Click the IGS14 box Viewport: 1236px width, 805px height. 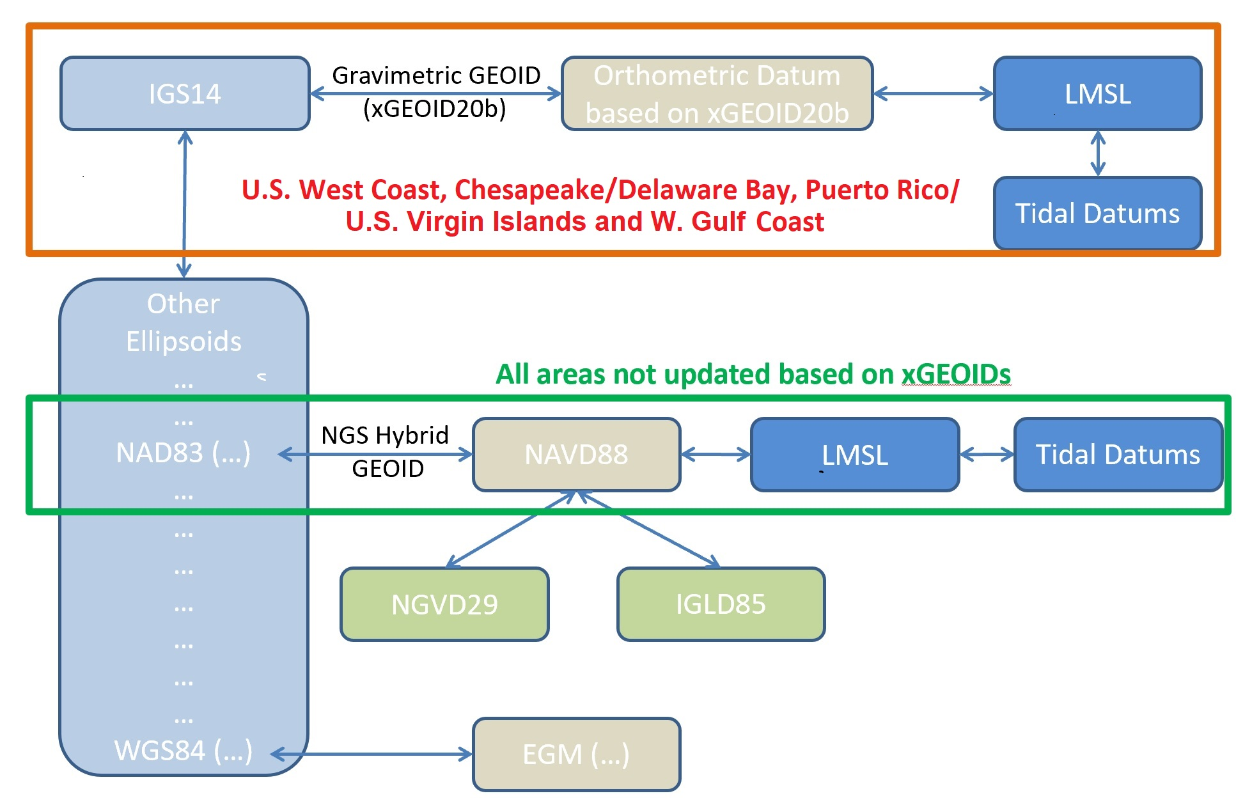[185, 93]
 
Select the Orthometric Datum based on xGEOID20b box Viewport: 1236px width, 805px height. [717, 93]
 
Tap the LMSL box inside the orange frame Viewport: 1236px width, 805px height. [1097, 93]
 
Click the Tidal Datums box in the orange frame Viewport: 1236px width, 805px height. [1097, 213]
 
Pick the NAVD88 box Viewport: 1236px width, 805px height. [576, 455]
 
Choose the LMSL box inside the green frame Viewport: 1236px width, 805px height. [855, 455]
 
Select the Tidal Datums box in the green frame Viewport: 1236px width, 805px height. [1118, 455]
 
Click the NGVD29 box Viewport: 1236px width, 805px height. [444, 604]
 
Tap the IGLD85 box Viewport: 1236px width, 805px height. [721, 604]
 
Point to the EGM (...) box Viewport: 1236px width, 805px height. [576, 754]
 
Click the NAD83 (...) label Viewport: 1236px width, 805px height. [183, 453]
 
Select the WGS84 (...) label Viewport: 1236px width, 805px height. [183, 751]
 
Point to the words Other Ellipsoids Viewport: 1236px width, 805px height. [184, 322]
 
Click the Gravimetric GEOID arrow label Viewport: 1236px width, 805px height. [436, 92]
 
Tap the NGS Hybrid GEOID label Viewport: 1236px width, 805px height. [386, 451]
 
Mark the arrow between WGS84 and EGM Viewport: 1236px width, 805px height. [372, 754]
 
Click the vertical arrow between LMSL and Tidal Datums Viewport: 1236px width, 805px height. [1098, 153]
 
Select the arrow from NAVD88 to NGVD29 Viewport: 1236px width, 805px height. [511, 529]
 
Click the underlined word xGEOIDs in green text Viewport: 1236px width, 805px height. [956, 374]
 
